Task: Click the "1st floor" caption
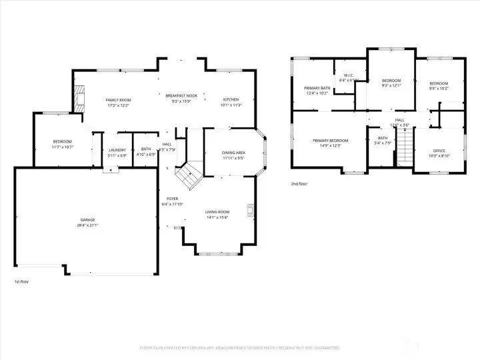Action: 21,282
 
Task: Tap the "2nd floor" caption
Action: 299,183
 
